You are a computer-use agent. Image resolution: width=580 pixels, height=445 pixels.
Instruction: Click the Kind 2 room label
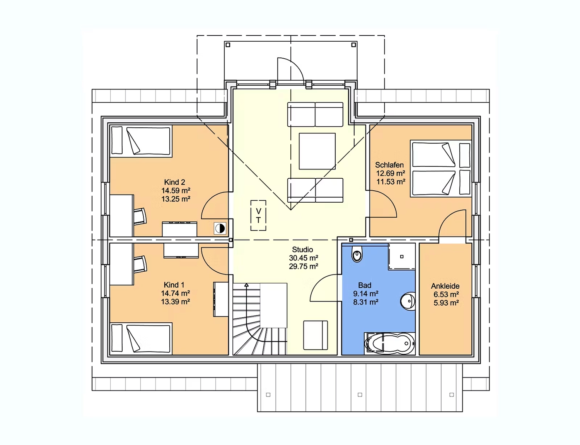[x=174, y=182]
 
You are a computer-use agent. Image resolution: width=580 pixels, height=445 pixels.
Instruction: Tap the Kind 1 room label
[x=174, y=285]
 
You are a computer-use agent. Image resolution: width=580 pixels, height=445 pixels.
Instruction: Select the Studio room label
[x=302, y=250]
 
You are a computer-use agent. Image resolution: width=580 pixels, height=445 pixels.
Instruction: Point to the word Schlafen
[x=389, y=165]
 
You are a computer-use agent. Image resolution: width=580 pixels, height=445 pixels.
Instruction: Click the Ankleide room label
[x=445, y=286]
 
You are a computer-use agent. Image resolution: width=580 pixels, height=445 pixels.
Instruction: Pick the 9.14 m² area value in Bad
[x=366, y=294]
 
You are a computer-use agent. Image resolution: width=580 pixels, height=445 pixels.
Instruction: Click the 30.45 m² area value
[x=304, y=258]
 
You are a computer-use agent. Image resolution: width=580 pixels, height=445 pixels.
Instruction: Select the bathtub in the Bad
[x=389, y=343]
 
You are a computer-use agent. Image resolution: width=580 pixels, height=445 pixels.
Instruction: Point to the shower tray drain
[x=402, y=257]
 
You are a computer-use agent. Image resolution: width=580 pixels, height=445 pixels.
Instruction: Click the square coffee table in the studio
[x=317, y=151]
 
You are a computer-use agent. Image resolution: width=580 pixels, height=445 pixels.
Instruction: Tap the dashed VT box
[x=258, y=215]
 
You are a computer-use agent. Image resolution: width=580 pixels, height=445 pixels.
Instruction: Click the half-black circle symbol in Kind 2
[x=220, y=228]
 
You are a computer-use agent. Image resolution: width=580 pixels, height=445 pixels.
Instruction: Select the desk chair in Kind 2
[x=140, y=216]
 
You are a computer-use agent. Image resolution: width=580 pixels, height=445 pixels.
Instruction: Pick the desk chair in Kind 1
[x=140, y=264]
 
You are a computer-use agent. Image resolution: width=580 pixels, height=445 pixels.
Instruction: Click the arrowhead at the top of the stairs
[x=247, y=285]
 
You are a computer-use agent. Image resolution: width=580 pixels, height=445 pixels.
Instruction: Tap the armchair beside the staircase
[x=316, y=335]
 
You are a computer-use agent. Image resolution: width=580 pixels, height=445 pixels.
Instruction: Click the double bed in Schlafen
[x=441, y=169]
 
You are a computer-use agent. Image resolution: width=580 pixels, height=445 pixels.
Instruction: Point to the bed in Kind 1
[x=141, y=338]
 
